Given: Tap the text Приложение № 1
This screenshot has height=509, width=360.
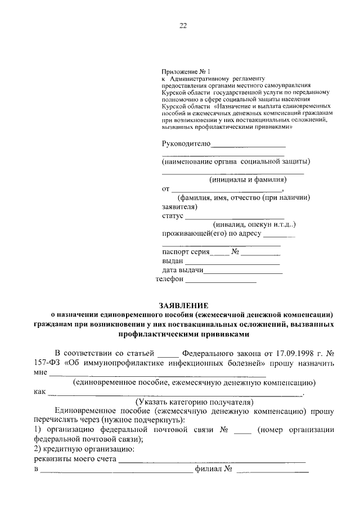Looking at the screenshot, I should [x=186, y=71].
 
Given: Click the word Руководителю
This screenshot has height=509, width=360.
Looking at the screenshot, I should [x=186, y=143].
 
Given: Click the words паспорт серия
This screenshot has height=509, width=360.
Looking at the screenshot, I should [x=184, y=252].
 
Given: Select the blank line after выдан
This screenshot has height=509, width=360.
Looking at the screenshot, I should [x=232, y=264].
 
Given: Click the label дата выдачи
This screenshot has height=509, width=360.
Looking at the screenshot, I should [x=182, y=271].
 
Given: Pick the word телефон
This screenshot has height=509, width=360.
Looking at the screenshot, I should [x=169, y=278].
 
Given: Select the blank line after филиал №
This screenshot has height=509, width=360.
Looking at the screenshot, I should [x=272, y=471].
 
